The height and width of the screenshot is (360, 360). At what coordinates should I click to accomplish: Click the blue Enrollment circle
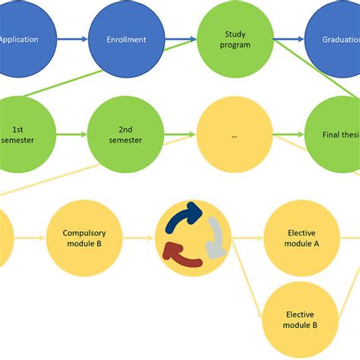point(126,39)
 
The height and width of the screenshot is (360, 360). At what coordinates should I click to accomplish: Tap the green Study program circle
point(235,39)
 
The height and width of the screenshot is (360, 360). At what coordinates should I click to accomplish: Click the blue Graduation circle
point(338,39)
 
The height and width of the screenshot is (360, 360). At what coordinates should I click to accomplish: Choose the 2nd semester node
point(126,134)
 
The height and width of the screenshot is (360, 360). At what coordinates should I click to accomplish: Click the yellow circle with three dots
point(234,135)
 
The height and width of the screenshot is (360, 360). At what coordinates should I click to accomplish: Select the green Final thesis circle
point(339,135)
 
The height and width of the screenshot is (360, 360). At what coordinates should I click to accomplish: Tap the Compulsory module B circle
point(84,237)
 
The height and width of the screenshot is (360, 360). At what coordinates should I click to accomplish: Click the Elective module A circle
point(302,237)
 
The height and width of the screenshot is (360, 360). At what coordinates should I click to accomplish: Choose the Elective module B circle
point(302,319)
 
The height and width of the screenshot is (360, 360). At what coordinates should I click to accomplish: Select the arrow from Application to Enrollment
point(73,39)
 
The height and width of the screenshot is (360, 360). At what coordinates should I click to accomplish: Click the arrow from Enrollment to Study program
point(180,39)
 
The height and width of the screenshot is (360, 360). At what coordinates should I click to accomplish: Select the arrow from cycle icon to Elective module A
point(248,238)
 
